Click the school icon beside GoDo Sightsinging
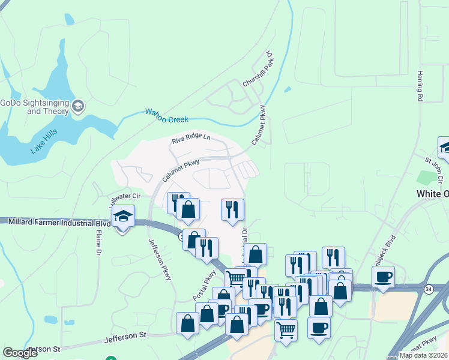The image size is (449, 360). click(78, 107)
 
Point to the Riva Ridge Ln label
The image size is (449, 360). click(191, 139)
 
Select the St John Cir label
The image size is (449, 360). click(437, 164)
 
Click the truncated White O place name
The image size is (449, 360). click(432, 194)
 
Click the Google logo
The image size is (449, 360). click(20, 353)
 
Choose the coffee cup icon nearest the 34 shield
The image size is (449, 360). click(382, 277)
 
